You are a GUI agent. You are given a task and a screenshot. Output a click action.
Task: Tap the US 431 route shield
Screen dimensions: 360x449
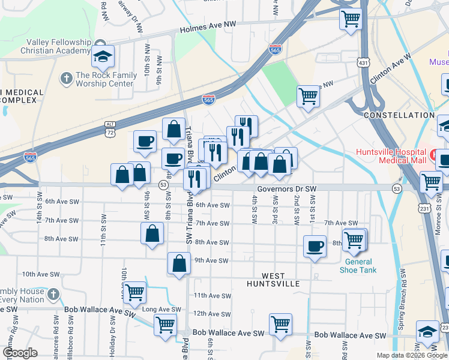(x=363, y=62)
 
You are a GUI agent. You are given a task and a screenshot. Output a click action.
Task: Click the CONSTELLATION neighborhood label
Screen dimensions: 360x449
(x=399, y=115)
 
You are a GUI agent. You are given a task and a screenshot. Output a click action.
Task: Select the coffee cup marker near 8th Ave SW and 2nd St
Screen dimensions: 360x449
(x=315, y=247)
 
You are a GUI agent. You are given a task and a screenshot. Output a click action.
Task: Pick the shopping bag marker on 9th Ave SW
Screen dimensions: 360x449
(x=179, y=263)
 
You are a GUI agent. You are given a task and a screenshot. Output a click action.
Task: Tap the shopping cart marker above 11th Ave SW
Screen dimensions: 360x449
(x=134, y=293)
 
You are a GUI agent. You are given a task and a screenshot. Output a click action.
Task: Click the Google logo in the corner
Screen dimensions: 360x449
(x=20, y=353)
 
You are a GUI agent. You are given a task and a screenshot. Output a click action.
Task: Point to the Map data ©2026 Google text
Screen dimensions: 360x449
(x=412, y=355)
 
